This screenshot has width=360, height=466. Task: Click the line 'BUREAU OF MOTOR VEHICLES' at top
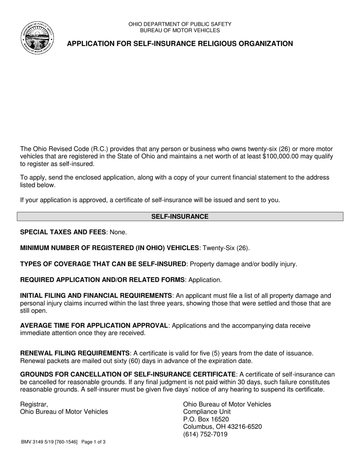click(180, 30)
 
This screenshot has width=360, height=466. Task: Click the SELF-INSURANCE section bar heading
click(180, 217)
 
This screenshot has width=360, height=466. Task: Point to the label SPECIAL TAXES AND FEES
click(64, 232)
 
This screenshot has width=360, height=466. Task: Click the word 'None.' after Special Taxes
click(118, 232)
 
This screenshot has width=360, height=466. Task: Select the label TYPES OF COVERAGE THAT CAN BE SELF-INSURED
click(103, 264)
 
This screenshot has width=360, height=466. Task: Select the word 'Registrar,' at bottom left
click(34, 404)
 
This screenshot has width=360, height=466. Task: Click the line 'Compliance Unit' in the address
click(207, 412)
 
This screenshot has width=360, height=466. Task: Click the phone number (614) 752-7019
click(205, 435)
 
